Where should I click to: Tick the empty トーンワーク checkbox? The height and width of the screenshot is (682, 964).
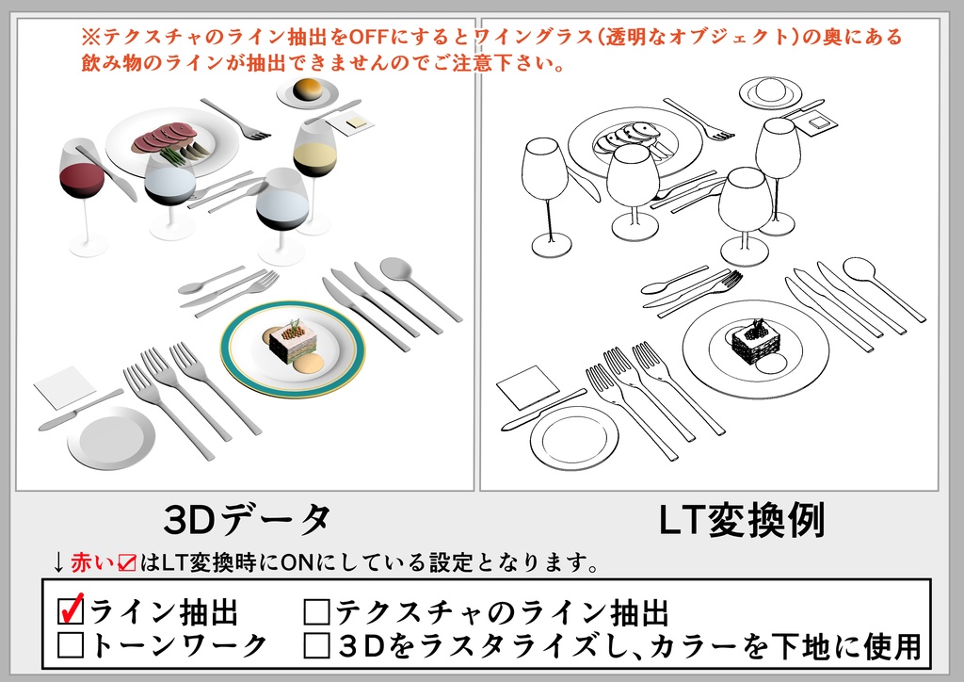pos(72,645)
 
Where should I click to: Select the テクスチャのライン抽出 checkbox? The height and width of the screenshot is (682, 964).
pos(317,613)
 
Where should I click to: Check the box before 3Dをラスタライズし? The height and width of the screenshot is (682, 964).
pos(317,645)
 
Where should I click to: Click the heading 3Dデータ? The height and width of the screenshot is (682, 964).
pos(248,519)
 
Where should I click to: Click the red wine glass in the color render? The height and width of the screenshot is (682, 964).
pos(81,178)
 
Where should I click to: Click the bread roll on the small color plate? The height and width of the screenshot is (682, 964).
pos(308,89)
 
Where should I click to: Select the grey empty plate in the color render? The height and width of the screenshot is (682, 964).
pos(111,436)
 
